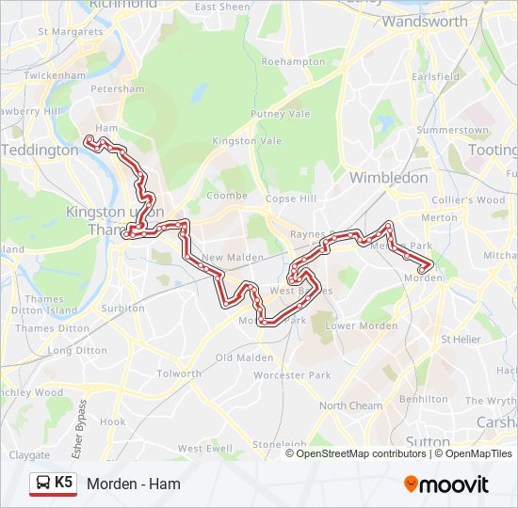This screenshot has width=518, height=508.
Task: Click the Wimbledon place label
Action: [388, 177]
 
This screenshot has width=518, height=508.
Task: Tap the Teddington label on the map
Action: [40, 151]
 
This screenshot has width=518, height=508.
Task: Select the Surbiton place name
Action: [122, 308]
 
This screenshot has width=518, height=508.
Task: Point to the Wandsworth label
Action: [425, 21]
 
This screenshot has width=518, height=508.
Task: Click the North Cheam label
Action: [350, 406]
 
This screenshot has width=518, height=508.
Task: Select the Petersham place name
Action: [117, 89]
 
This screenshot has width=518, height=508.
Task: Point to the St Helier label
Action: [461, 339]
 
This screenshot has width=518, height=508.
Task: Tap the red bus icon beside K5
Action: [41, 484]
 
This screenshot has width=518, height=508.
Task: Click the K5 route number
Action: [64, 483]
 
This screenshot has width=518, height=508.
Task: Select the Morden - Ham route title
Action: [134, 484]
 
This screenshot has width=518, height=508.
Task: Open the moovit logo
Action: [446, 484]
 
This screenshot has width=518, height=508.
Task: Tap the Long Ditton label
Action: [73, 350]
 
